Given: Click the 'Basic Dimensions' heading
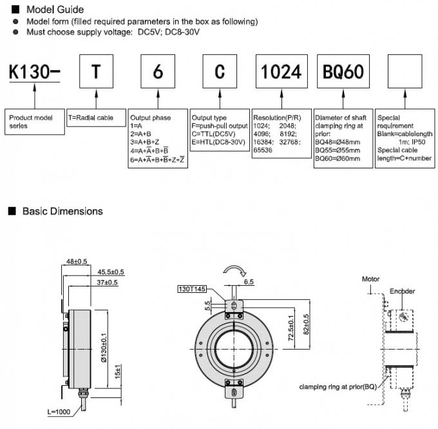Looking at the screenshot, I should (62, 211).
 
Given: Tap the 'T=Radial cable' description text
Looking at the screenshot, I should (91, 118).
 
